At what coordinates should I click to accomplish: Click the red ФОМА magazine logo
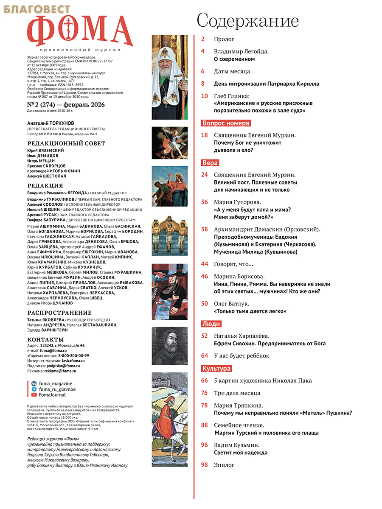click(80, 32)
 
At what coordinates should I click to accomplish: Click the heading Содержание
click(247, 20)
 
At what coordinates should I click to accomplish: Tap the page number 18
click(205, 135)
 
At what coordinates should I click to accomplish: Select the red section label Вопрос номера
click(225, 123)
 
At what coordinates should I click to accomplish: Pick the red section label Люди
click(211, 324)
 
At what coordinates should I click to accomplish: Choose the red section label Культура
click(216, 369)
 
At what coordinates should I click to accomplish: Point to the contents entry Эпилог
click(224, 465)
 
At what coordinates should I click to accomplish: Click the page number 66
click(205, 380)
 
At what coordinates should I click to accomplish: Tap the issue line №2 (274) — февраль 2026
click(66, 105)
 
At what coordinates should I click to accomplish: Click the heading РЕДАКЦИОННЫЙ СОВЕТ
click(66, 143)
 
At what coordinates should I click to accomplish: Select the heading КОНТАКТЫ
click(45, 339)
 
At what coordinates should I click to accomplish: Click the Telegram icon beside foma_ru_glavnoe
click(34, 389)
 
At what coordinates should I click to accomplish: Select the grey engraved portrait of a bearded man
click(170, 346)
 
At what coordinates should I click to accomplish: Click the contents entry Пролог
click(224, 39)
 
